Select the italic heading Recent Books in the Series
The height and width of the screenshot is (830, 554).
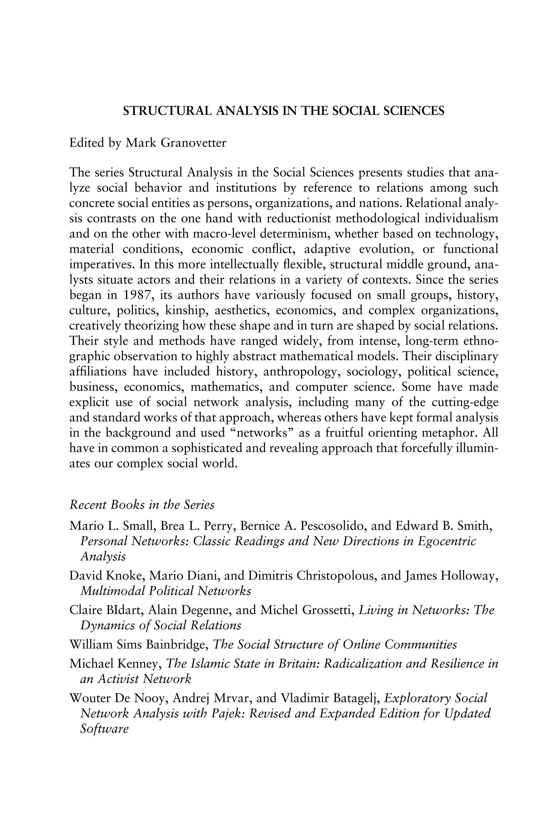tap(142, 505)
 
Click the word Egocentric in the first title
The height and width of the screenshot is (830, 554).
tap(447, 541)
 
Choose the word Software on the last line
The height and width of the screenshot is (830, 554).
tap(104, 729)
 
